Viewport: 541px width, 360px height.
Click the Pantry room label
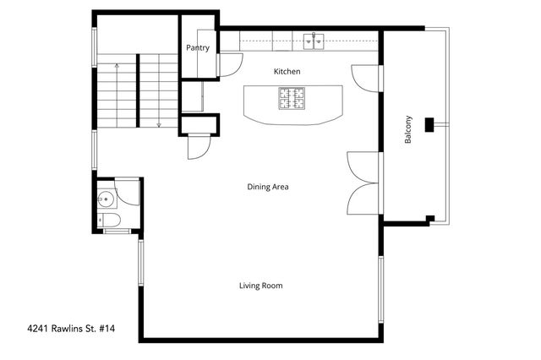(198, 48)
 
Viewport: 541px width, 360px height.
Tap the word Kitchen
(287, 72)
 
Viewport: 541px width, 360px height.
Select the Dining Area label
(268, 186)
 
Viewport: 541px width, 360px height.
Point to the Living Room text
(260, 286)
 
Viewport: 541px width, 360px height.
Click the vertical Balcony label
(408, 128)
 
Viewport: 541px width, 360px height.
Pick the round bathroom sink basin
(105, 199)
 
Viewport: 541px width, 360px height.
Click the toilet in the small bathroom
(109, 221)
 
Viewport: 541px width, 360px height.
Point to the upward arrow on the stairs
(117, 66)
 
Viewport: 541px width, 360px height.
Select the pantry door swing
(230, 63)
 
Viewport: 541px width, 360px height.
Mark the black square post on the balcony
(429, 124)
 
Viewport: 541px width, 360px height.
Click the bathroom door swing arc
(128, 193)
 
